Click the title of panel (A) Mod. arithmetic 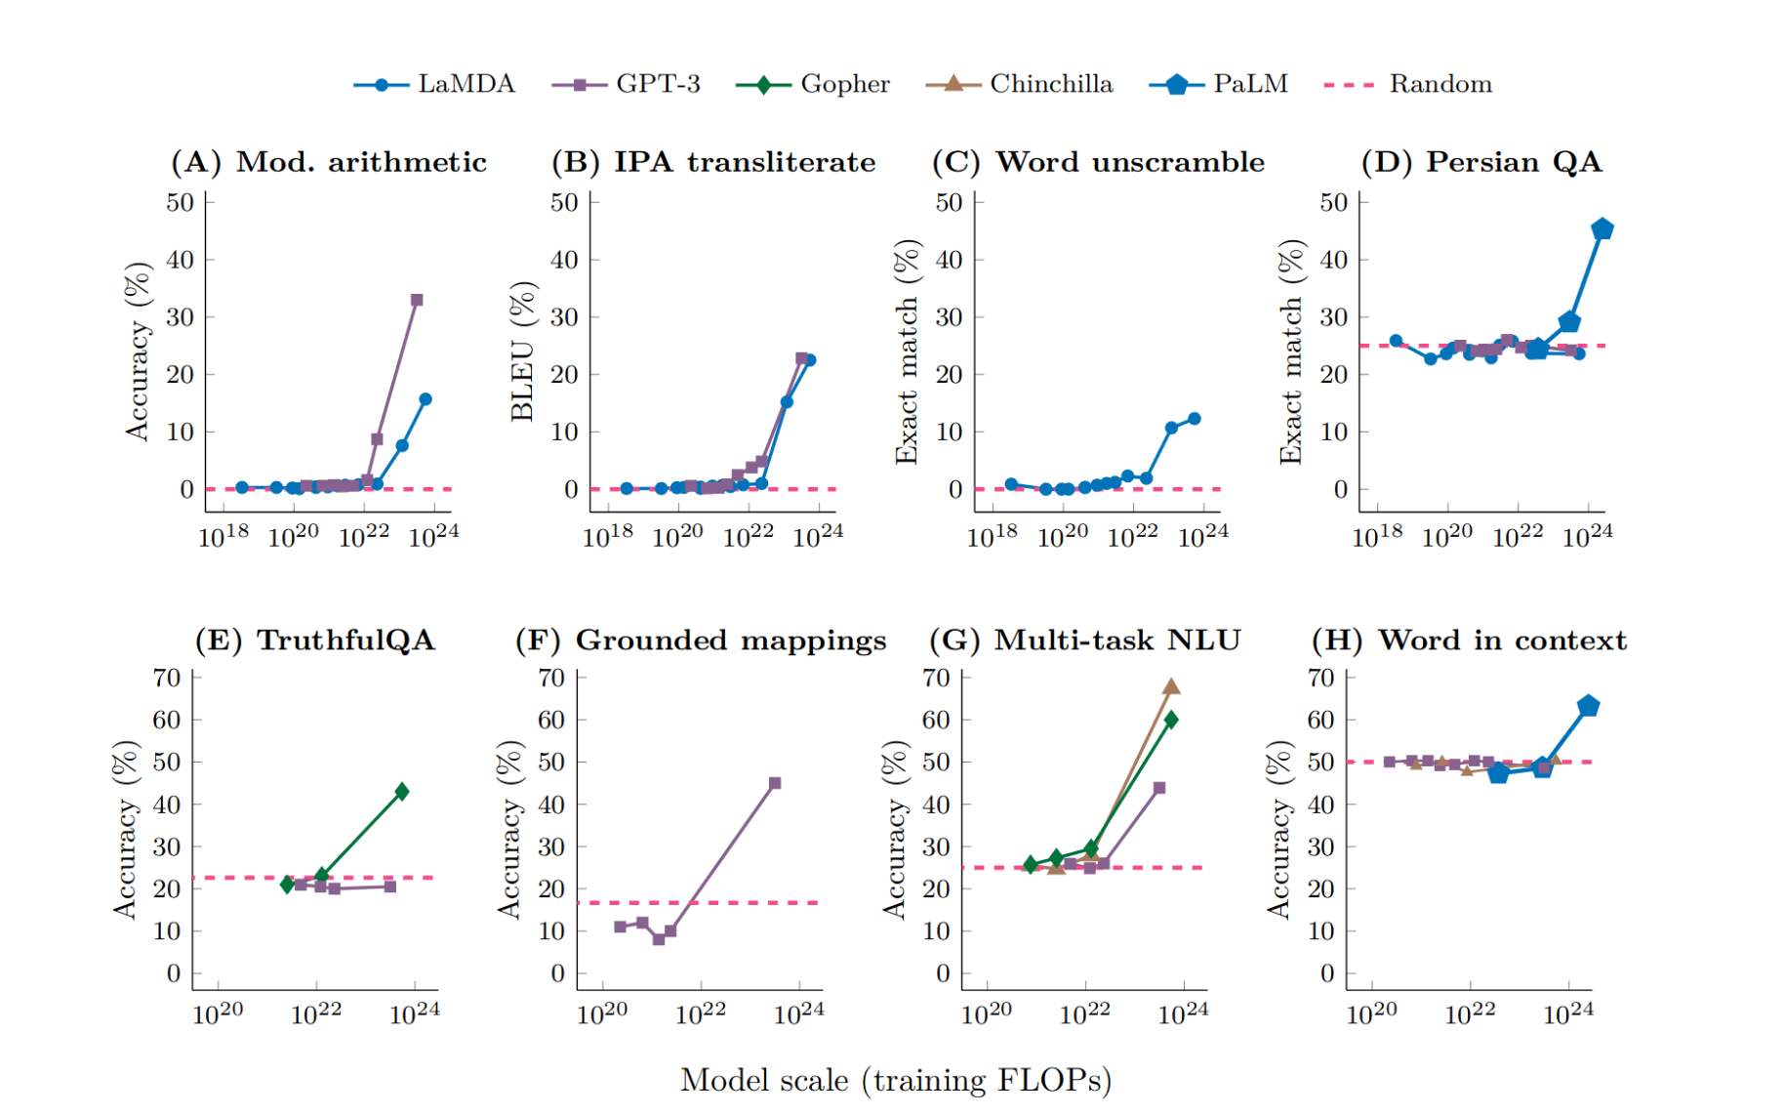coord(329,162)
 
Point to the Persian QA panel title coord(1481,162)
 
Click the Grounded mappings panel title coord(701,640)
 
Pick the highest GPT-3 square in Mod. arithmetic coord(417,300)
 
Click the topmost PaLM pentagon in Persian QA coord(1602,229)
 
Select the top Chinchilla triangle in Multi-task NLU coord(1171,686)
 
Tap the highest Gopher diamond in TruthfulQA coord(402,791)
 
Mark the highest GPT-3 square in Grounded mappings coord(775,783)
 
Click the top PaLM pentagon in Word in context coord(1588,706)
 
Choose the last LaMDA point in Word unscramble coord(1194,419)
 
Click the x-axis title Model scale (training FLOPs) coord(896,1081)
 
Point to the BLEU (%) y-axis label coord(523,351)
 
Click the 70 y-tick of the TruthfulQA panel coord(167,678)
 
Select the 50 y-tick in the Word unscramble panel coord(949,203)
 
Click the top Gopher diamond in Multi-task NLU coord(1171,720)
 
